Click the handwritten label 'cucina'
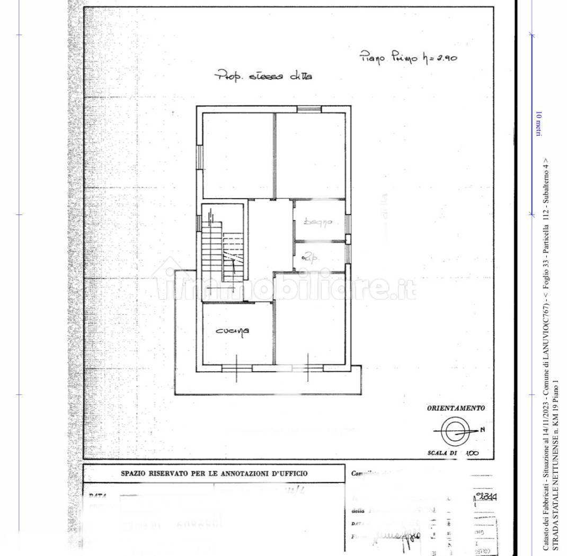click(233, 331)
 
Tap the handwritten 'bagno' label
click(317, 222)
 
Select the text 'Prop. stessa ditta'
click(263, 76)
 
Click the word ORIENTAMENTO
click(455, 408)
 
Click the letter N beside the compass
click(482, 429)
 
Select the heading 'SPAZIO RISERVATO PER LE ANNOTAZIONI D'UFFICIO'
click(214, 474)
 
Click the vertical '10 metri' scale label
click(538, 124)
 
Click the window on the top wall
click(309, 109)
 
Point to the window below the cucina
click(236, 367)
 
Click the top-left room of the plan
click(237, 155)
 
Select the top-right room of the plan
click(311, 155)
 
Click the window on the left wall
click(200, 157)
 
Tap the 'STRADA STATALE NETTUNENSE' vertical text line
click(555, 466)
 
